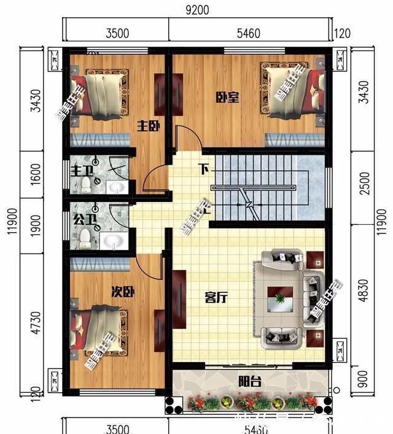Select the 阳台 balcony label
pos(250,382)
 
